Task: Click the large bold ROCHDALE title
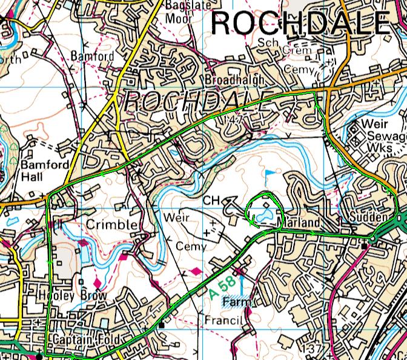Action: pos(300,24)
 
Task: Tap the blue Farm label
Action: pos(236,301)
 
